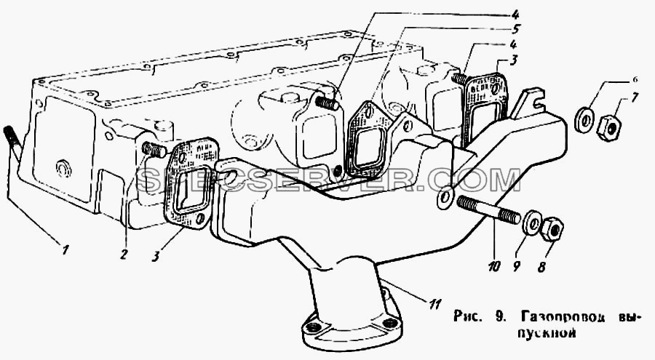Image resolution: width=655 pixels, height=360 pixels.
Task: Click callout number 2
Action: (123, 254)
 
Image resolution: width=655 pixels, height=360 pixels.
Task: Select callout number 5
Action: (515, 30)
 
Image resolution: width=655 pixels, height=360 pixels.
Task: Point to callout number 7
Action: (634, 100)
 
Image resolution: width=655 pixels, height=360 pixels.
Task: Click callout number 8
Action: (541, 267)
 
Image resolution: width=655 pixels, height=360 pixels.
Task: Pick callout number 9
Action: (517, 267)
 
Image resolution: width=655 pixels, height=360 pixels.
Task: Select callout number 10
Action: (493, 266)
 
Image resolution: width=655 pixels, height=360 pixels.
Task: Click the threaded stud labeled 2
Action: (154, 149)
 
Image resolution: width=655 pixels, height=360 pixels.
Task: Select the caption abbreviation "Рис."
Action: (467, 316)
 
